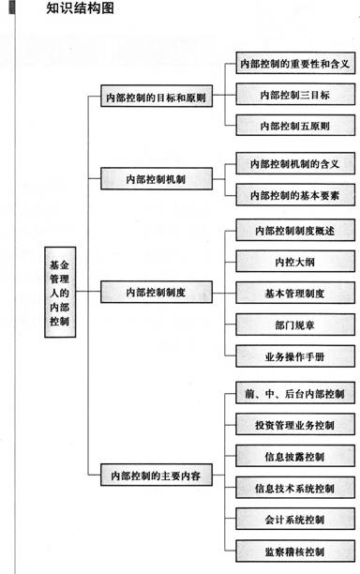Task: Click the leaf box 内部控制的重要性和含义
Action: click(293, 65)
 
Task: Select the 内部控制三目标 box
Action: click(293, 96)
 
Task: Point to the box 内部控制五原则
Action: click(293, 126)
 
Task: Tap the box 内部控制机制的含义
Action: click(293, 164)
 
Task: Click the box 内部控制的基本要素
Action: click(293, 195)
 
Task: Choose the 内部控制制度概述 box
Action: click(293, 231)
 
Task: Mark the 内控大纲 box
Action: click(293, 262)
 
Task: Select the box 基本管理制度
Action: click(293, 293)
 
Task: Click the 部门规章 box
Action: click(293, 324)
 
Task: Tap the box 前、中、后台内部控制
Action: click(293, 395)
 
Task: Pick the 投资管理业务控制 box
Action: click(293, 426)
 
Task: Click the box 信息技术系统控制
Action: click(293, 488)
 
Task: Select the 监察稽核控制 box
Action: click(293, 550)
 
